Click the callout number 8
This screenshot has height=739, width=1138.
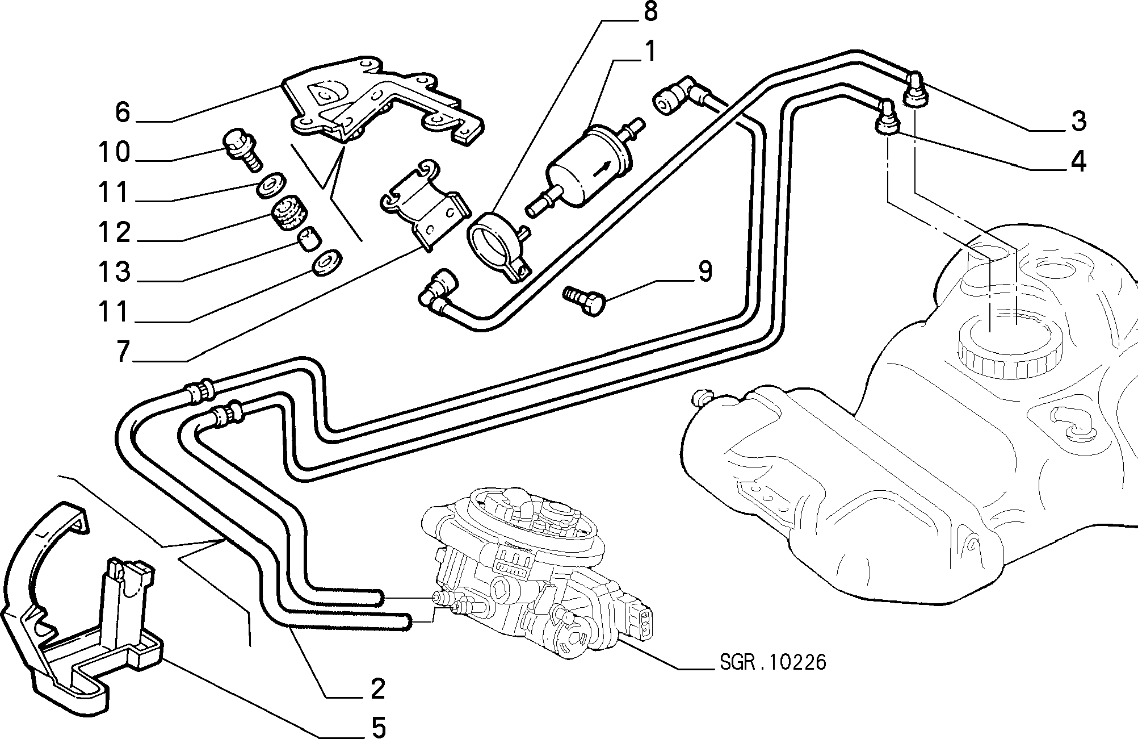[649, 12]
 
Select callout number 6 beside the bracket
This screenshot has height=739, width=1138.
[123, 112]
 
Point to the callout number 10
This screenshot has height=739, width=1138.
[114, 152]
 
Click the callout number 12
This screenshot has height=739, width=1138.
[114, 232]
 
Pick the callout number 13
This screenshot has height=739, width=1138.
[114, 272]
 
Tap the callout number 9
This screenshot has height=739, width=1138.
[704, 272]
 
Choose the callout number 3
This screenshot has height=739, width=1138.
[1078, 120]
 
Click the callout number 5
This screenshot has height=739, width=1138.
[378, 727]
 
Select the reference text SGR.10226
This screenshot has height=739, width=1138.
[772, 662]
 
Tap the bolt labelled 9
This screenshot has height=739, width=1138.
[585, 299]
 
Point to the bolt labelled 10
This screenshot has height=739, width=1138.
[241, 149]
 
